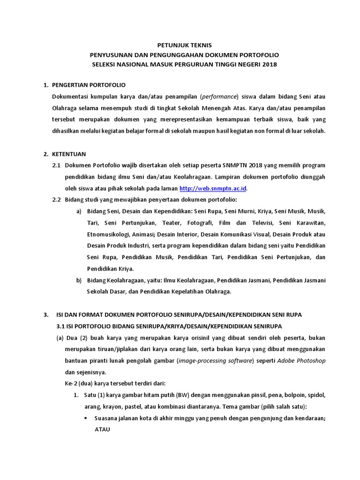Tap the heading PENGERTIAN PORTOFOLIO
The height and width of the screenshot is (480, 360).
90,85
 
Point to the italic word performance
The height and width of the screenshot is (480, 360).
219,97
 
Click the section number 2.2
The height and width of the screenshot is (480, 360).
57,200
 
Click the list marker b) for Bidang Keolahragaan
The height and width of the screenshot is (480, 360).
79,280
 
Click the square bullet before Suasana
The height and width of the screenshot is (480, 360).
86,418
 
